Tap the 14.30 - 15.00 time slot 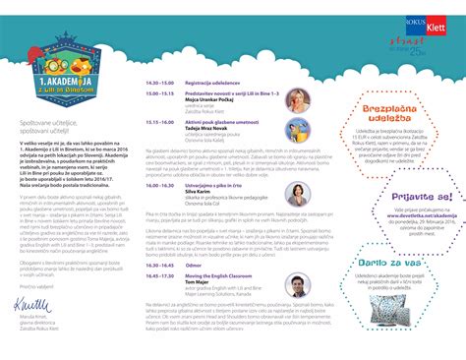[x=160, y=84]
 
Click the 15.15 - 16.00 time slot [x=160, y=123]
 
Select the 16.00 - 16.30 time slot [x=160, y=184]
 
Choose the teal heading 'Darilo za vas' [x=394, y=264]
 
